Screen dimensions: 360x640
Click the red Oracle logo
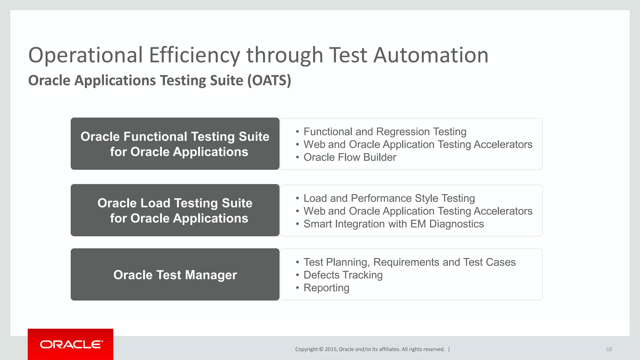pyautogui.click(x=71, y=344)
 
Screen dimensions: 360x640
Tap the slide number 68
pyautogui.click(x=609, y=349)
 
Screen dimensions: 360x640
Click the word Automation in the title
pyautogui.click(x=431, y=55)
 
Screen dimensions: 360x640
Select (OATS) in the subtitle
pyautogui.click(x=269, y=81)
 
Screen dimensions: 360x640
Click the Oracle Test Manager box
pyautogui.click(x=175, y=275)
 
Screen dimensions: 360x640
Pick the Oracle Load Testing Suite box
pyautogui.click(x=175, y=210)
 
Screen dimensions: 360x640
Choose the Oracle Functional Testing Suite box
pyautogui.click(x=175, y=144)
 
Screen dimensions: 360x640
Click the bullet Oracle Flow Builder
pyautogui.click(x=350, y=157)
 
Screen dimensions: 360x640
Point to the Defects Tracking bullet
pyautogui.click(x=343, y=275)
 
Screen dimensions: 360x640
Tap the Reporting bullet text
pyautogui.click(x=326, y=288)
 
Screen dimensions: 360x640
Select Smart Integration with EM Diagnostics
pyautogui.click(x=393, y=224)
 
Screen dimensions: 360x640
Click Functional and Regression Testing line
pyautogui.click(x=385, y=132)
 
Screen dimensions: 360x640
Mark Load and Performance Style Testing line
pyautogui.click(x=389, y=198)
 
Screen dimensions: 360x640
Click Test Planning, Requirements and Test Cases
pyautogui.click(x=409, y=262)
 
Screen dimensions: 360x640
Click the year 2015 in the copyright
pyautogui.click(x=331, y=349)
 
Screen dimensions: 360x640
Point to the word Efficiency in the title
pyautogui.click(x=194, y=55)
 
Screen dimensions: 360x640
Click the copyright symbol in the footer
pyautogui.click(x=321, y=349)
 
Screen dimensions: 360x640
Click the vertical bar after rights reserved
pyautogui.click(x=449, y=349)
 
